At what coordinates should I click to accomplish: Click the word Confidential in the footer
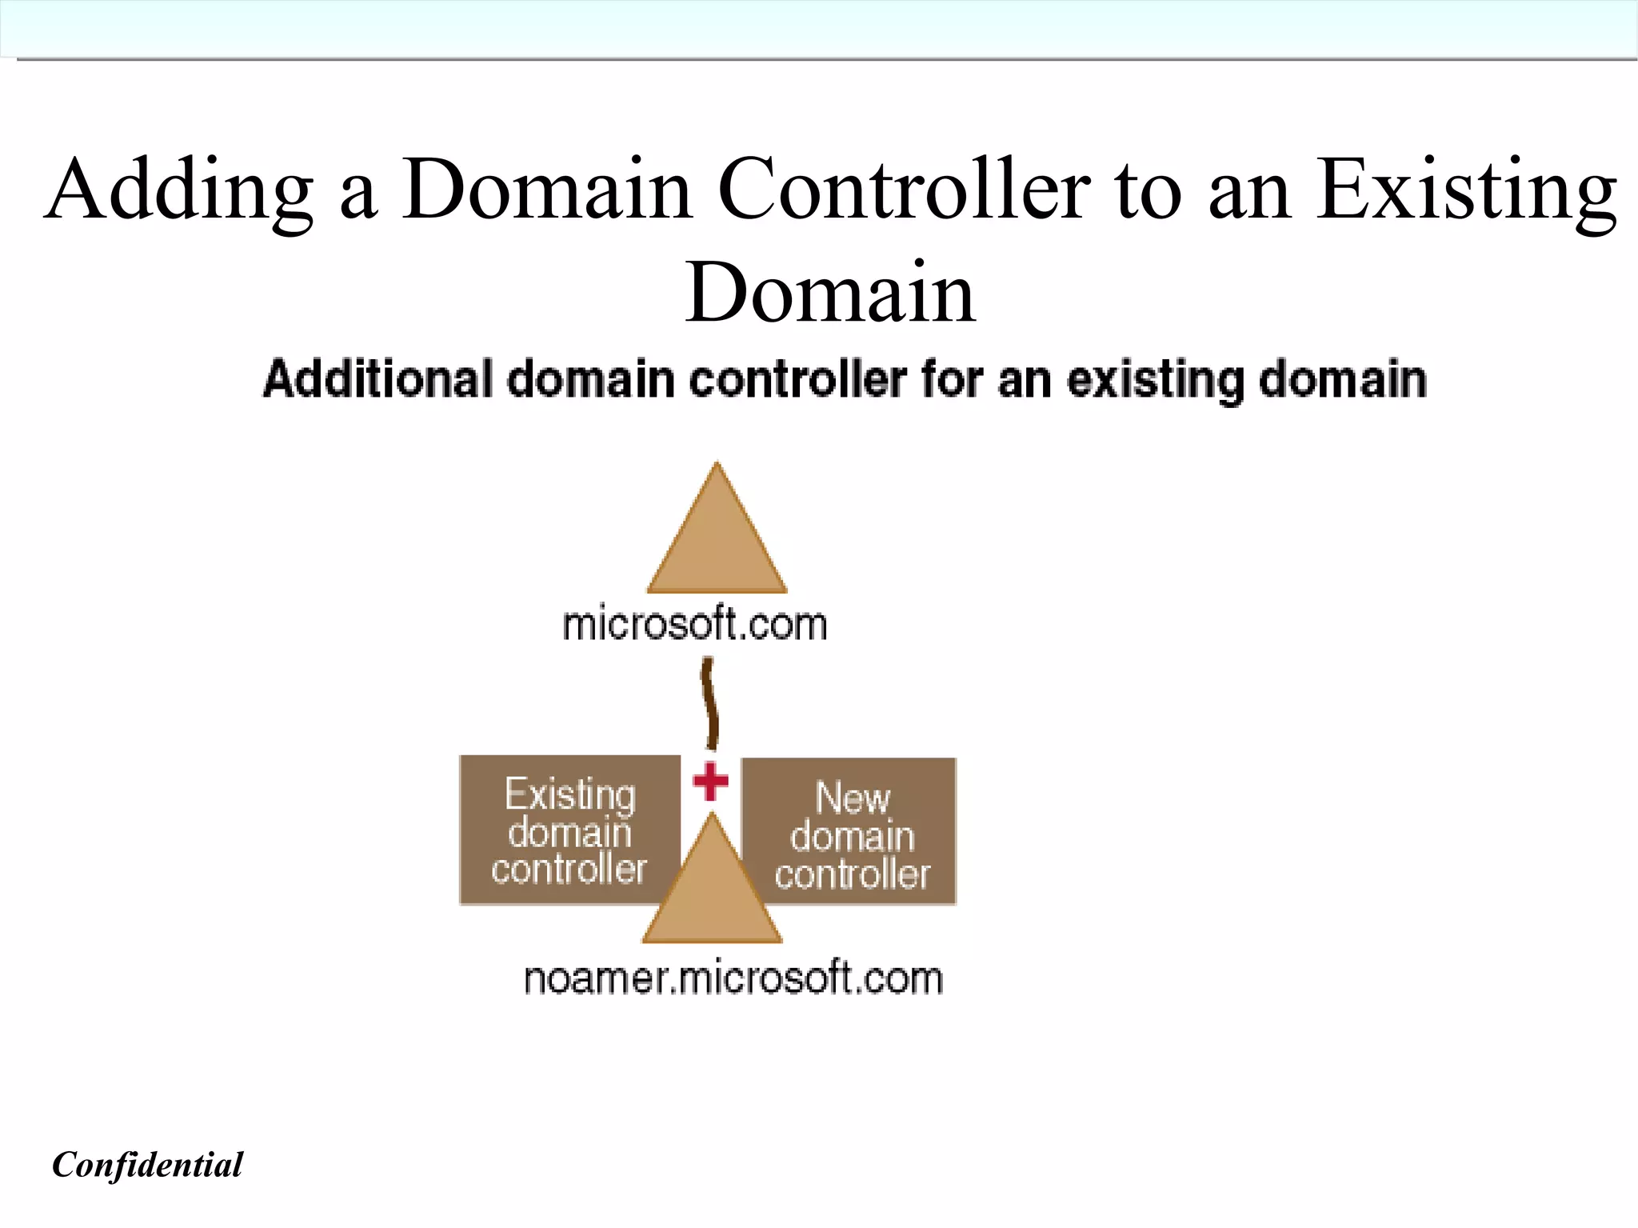147,1165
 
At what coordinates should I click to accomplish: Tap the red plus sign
710,781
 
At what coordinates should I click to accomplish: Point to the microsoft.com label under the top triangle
694,625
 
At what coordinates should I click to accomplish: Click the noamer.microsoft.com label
733,978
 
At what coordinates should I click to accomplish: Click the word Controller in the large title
904,190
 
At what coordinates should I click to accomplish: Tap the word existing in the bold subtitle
1154,380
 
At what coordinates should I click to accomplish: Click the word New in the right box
853,797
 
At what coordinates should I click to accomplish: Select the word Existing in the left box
570,794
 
